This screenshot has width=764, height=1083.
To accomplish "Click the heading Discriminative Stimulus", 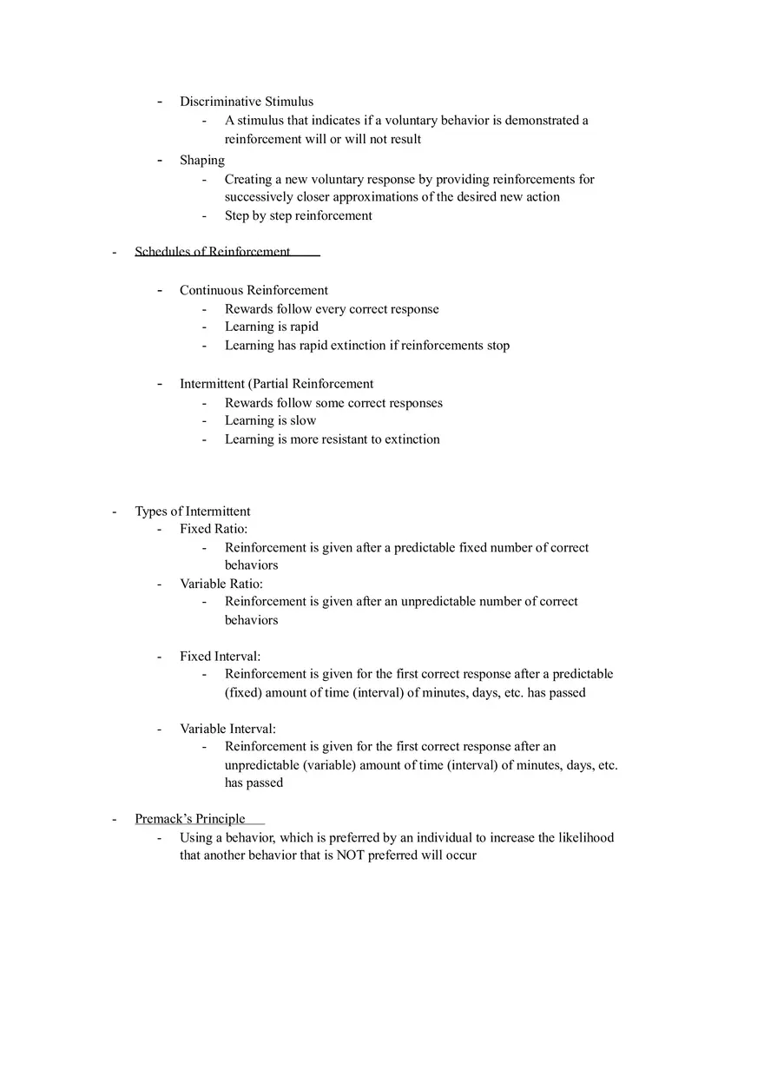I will coord(247,102).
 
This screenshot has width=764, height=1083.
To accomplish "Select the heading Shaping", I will coord(202,160).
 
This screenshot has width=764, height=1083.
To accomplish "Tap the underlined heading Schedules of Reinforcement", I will coord(213,252).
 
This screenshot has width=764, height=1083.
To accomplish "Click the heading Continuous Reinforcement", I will coord(254,290).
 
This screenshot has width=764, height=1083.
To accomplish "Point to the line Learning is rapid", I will coord(272,327).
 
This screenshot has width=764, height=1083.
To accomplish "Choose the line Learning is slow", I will coord(271,420).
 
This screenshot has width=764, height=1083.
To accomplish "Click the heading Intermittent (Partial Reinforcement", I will coord(276,384).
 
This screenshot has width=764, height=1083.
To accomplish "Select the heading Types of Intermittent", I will coord(192,512).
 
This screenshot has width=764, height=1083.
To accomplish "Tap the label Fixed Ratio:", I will coord(214,529).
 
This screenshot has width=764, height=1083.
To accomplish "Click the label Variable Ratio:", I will coord(221,584).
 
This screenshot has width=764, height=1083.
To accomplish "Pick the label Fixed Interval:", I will coord(220,657).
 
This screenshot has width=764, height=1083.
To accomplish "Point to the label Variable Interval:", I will coord(227,730).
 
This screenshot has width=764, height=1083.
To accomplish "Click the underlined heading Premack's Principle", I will coord(190,819).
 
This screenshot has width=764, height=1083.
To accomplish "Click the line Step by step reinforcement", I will coord(299,215).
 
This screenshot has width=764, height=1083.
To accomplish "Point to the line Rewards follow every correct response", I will coord(332,309).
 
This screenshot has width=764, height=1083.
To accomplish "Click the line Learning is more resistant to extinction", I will coord(333,439).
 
